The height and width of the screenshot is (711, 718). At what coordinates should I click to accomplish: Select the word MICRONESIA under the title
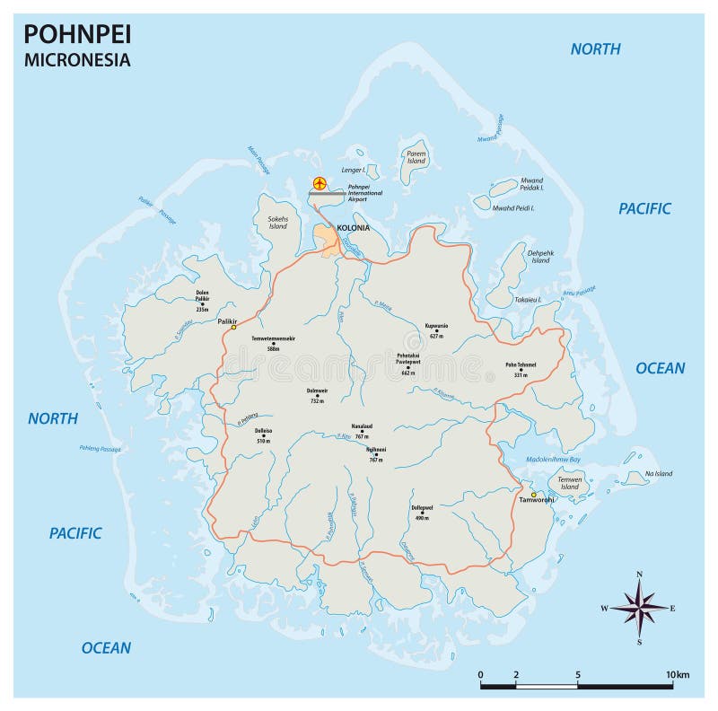pos(76,60)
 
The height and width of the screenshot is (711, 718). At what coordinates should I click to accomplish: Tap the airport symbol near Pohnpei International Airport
pos(319,183)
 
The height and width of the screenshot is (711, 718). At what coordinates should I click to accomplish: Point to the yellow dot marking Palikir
pos(233,328)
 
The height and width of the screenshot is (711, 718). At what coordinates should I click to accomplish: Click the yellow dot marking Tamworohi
pos(533,495)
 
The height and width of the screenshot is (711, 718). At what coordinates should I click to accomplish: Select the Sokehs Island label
pos(277,222)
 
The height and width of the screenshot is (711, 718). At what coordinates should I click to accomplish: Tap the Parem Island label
pos(416,157)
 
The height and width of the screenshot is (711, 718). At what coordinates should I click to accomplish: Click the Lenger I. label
pos(353,170)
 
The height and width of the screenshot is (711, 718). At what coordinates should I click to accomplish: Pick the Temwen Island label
pos(570,484)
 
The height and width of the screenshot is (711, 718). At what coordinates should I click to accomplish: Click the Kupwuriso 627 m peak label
pos(436,330)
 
